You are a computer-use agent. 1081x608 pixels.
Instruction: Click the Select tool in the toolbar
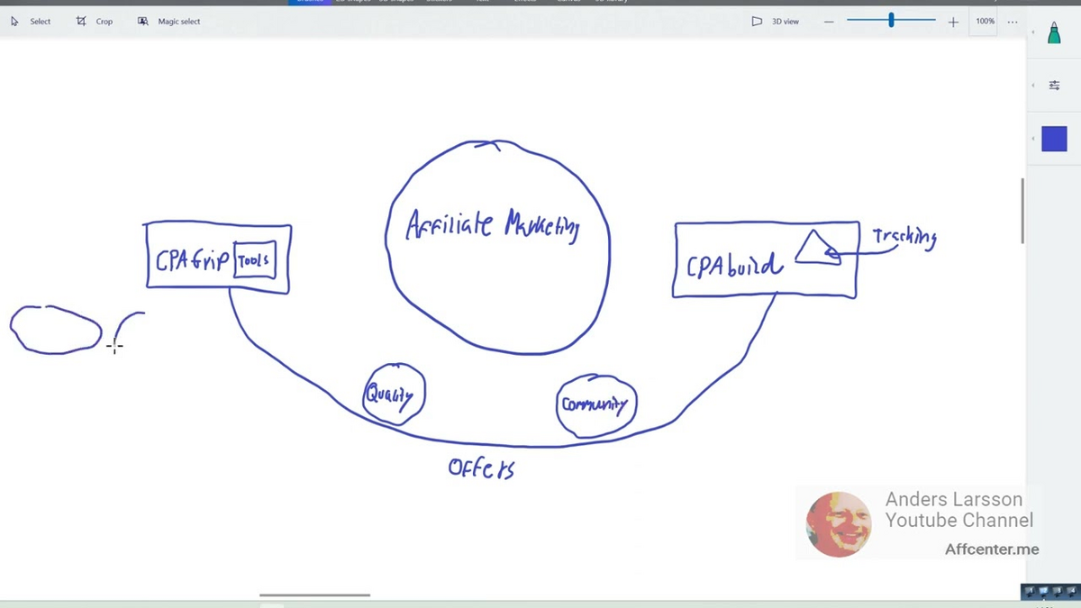[32, 22]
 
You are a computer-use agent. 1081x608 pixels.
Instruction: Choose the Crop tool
[95, 22]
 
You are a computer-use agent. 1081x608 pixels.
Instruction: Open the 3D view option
[776, 22]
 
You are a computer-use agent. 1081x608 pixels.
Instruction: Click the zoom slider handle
[891, 21]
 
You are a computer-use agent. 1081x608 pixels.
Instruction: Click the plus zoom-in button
[953, 22]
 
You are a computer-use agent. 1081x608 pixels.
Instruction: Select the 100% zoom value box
[985, 22]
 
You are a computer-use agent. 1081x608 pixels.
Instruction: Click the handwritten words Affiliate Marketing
[493, 224]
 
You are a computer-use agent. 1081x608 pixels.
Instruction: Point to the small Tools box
[254, 260]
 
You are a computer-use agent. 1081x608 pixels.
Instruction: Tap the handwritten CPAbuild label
[734, 265]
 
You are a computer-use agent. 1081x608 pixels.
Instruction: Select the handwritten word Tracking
[904, 238]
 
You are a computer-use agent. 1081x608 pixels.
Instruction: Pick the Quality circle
[394, 394]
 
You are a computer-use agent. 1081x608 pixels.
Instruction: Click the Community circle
[595, 405]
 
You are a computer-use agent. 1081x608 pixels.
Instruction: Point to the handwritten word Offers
[481, 468]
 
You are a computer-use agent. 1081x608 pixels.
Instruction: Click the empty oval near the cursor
[56, 330]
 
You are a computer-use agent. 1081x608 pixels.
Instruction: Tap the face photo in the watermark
[838, 524]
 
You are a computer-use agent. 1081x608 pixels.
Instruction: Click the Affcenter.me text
[991, 549]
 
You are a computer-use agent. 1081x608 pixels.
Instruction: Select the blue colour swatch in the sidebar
[1054, 139]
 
